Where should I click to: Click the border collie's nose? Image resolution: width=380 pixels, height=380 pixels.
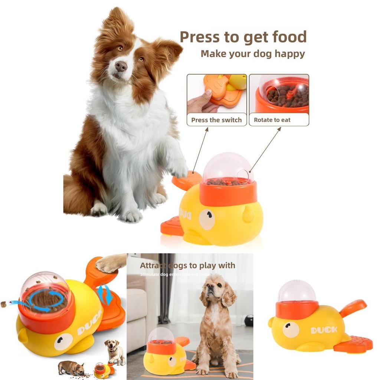point(121,66)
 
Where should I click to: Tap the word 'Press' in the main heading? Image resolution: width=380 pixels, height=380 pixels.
point(200,37)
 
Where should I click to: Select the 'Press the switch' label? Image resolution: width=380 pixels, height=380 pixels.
point(216,120)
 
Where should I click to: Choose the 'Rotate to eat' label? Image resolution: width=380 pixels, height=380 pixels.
point(272,120)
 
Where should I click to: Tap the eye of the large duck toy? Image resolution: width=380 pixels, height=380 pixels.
point(207,219)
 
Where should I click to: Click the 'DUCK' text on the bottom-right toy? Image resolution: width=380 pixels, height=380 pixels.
point(324,329)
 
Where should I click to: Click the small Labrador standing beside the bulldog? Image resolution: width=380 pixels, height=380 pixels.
point(115,351)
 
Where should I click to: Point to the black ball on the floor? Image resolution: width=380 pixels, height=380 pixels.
point(249,320)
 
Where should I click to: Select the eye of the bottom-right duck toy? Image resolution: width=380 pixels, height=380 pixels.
point(291,330)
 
